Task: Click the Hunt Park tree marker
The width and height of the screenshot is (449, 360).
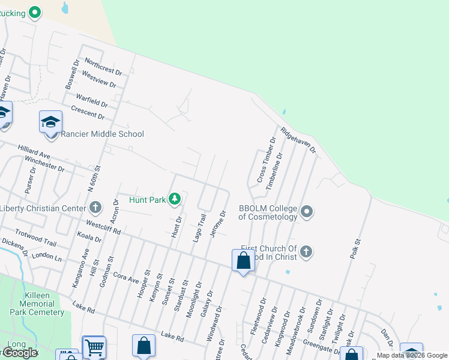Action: pyautogui.click(x=175, y=199)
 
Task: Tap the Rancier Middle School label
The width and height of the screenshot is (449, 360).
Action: pyautogui.click(x=102, y=134)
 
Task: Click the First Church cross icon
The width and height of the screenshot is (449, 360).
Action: pyautogui.click(x=306, y=251)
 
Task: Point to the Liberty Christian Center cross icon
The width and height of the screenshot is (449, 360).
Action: pyautogui.click(x=95, y=208)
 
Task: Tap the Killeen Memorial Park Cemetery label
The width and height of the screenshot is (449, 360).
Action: pyautogui.click(x=37, y=304)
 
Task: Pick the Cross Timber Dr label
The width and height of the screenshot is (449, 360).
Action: pyautogui.click(x=266, y=160)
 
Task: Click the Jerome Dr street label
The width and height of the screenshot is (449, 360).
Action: pyautogui.click(x=217, y=224)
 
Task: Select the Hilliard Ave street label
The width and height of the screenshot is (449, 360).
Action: pyautogui.click(x=34, y=151)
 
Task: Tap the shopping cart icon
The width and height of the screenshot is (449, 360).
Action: pyautogui.click(x=94, y=346)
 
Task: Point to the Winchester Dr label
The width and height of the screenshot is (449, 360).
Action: pyautogui.click(x=44, y=164)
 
